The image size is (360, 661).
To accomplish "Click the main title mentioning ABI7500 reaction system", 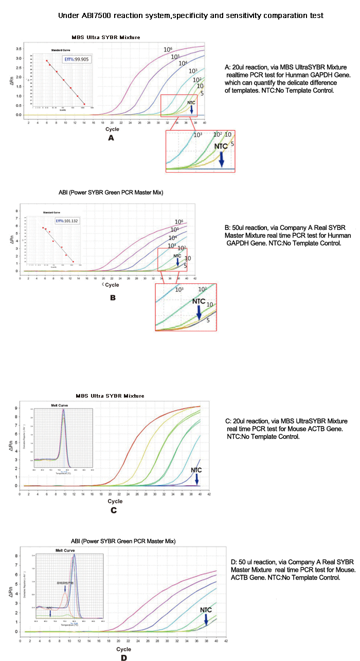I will coord(190,15).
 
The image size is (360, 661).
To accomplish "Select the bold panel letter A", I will coord(110,138).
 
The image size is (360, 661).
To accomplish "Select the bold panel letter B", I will coord(113,297).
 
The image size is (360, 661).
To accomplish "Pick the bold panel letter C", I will coord(114,510).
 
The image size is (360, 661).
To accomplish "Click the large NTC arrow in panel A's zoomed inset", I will coord(222,159).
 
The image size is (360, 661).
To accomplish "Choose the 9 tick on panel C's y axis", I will coord(16,408).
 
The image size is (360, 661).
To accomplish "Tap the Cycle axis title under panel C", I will coord(115,501).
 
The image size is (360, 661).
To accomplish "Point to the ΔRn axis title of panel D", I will coord(10,592).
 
